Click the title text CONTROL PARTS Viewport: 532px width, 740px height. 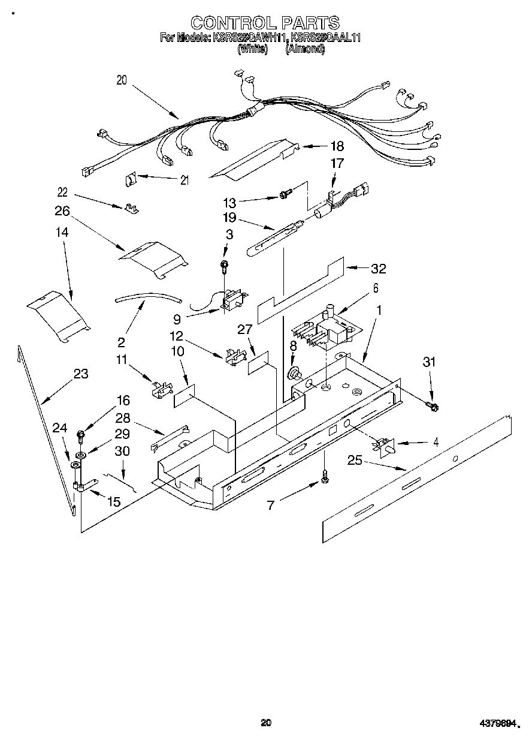265,23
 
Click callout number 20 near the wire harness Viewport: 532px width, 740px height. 122,80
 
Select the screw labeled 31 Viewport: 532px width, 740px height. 433,407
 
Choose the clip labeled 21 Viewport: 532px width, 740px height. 132,179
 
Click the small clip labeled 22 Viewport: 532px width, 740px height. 131,209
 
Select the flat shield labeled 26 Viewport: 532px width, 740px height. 154,257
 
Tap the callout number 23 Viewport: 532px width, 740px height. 80,374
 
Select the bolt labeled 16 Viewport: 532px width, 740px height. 81,433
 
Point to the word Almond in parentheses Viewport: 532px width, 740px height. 306,49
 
